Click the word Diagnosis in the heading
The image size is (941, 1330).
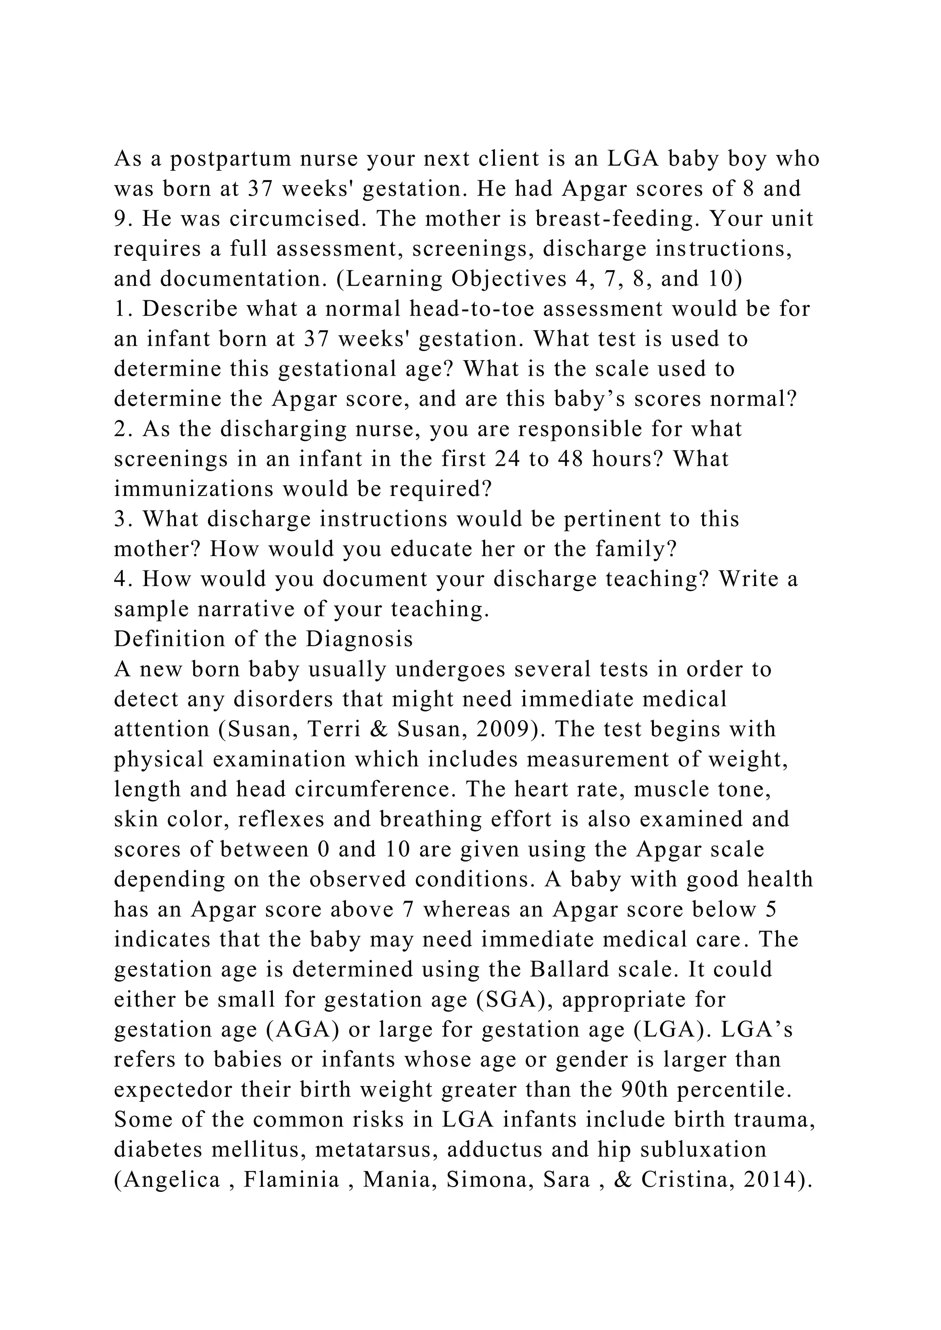click(x=359, y=639)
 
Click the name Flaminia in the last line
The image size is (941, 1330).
click(x=291, y=1179)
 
